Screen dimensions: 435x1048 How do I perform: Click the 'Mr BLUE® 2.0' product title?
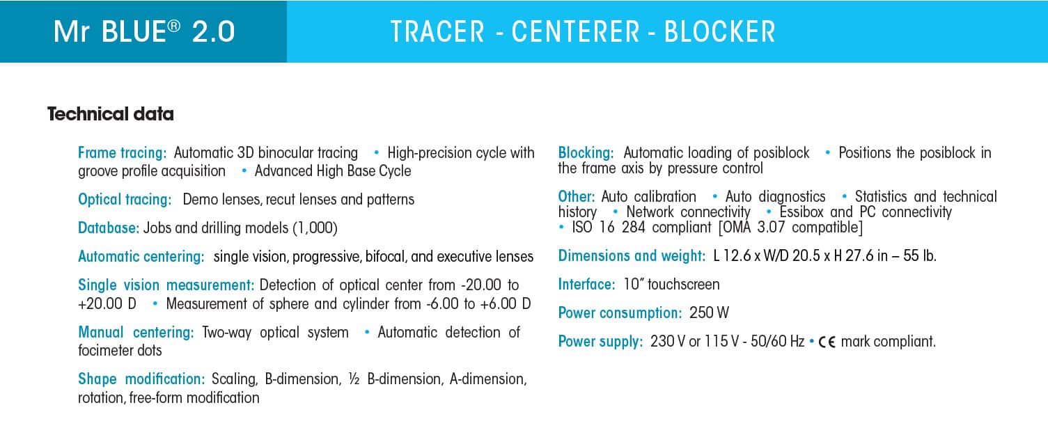(x=143, y=32)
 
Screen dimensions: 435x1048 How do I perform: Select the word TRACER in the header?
(x=437, y=32)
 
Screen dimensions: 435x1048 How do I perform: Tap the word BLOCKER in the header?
(x=719, y=32)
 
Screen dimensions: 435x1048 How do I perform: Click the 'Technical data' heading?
(x=110, y=114)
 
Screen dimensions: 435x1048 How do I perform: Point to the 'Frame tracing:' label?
(x=122, y=152)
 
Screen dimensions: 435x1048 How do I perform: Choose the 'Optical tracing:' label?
(x=125, y=200)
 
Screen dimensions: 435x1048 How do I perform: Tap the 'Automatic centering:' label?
(x=141, y=256)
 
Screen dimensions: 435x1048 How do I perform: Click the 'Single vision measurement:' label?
(x=166, y=285)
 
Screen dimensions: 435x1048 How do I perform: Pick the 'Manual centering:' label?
(x=136, y=333)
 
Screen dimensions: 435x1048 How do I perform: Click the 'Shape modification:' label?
(x=141, y=379)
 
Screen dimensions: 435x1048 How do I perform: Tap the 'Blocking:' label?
(x=586, y=152)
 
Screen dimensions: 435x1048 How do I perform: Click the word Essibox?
(x=802, y=212)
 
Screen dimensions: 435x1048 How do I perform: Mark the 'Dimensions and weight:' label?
(x=632, y=256)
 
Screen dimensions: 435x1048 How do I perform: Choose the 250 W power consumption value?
(x=709, y=313)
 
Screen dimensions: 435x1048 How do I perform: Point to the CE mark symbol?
(x=827, y=342)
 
